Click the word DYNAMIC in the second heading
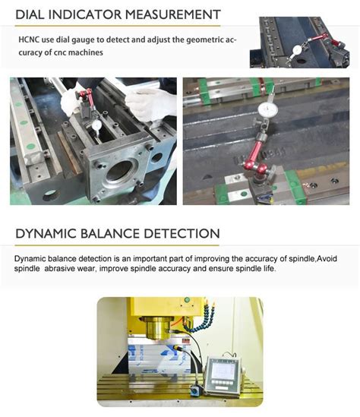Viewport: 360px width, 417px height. tap(49, 233)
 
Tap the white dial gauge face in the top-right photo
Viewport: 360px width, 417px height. tap(297, 50)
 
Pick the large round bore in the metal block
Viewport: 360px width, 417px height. tap(119, 172)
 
